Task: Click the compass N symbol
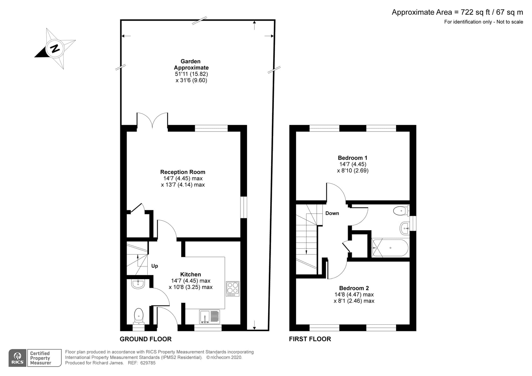55,49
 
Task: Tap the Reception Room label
183,172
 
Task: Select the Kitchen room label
190,274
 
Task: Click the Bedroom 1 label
352,158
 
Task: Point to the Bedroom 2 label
354,288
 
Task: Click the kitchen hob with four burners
232,289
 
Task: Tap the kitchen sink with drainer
210,317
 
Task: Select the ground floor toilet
139,316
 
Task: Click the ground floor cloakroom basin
138,284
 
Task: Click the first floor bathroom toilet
401,211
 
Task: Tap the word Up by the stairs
155,266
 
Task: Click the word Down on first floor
332,213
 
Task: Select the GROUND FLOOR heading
146,339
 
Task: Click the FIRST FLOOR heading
310,339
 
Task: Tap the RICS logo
18,358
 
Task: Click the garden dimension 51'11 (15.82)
191,74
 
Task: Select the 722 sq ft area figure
476,12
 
